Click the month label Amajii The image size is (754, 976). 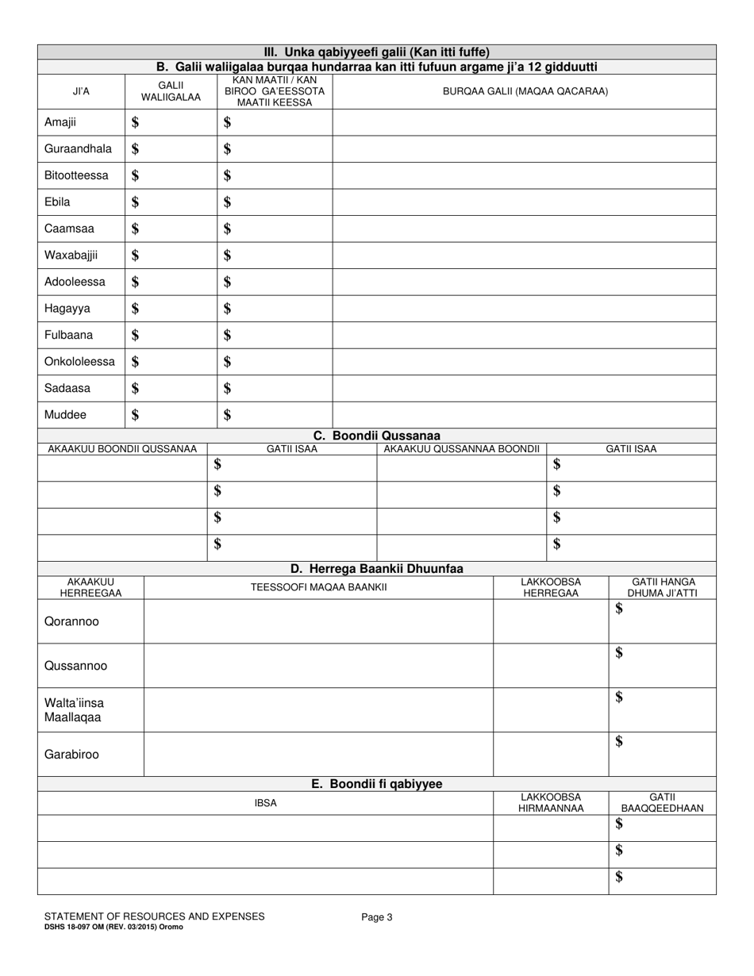(60, 122)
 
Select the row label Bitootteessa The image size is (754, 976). (76, 175)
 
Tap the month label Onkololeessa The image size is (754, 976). (79, 362)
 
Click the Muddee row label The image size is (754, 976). (66, 415)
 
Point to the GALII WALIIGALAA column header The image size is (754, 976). (171, 91)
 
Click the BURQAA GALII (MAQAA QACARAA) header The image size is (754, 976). (525, 91)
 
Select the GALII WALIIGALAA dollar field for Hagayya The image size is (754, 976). (171, 309)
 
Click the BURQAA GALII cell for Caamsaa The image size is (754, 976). (524, 229)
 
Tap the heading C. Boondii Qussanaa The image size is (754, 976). (376, 436)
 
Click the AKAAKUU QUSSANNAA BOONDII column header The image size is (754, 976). (461, 449)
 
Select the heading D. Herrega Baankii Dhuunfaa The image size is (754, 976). (376, 569)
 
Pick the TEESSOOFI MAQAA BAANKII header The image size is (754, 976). (318, 587)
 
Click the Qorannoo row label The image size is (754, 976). (71, 621)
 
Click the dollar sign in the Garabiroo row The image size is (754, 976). (619, 742)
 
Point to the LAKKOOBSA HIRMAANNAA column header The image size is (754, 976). (551, 803)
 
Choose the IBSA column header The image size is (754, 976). (265, 803)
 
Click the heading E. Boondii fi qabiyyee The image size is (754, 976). (376, 784)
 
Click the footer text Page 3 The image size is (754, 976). (377, 917)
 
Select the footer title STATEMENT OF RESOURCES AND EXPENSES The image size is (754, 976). (154, 916)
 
